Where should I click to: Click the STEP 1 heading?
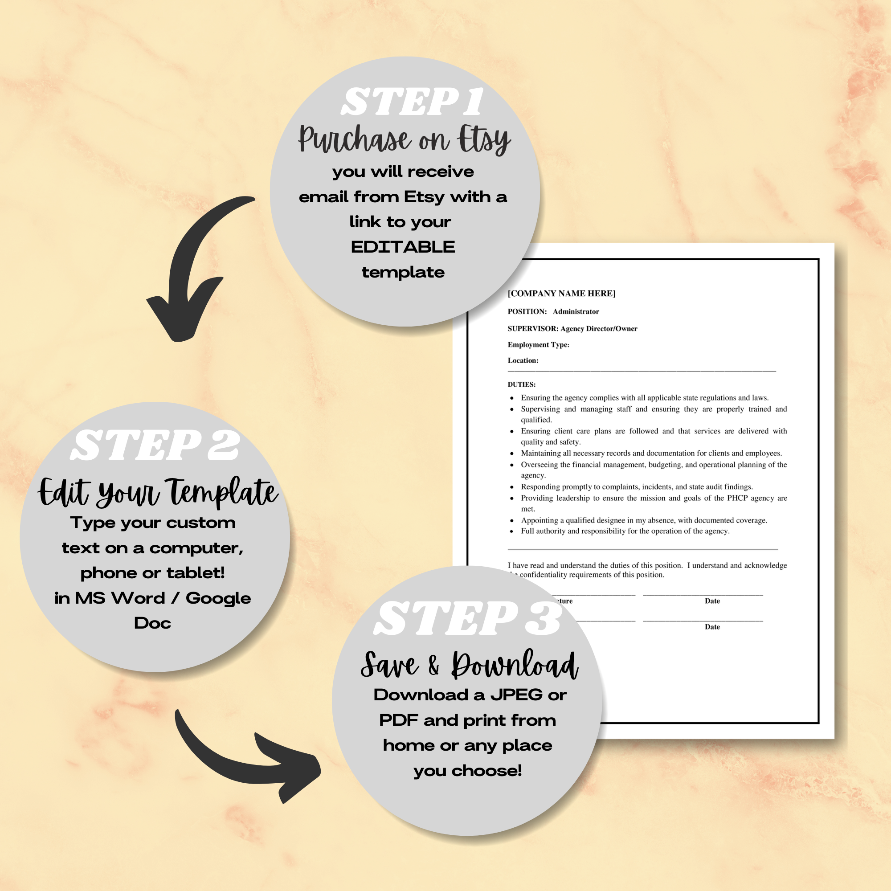point(412,102)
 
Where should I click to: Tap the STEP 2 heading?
point(155,445)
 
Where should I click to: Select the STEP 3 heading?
point(467,618)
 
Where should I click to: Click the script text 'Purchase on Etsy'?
point(404,139)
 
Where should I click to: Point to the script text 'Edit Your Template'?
point(158,492)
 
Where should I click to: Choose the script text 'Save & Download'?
point(469,666)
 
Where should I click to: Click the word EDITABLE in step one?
point(403,247)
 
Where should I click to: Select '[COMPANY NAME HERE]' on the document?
point(561,293)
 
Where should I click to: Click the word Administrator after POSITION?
point(576,312)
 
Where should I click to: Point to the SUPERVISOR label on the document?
point(533,329)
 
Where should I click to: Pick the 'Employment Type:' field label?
point(538,344)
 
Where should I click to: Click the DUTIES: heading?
point(522,384)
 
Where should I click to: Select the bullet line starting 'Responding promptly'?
point(637,487)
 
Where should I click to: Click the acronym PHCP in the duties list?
point(737,498)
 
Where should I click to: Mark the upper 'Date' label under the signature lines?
point(712,601)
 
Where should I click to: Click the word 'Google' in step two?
point(218,598)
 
